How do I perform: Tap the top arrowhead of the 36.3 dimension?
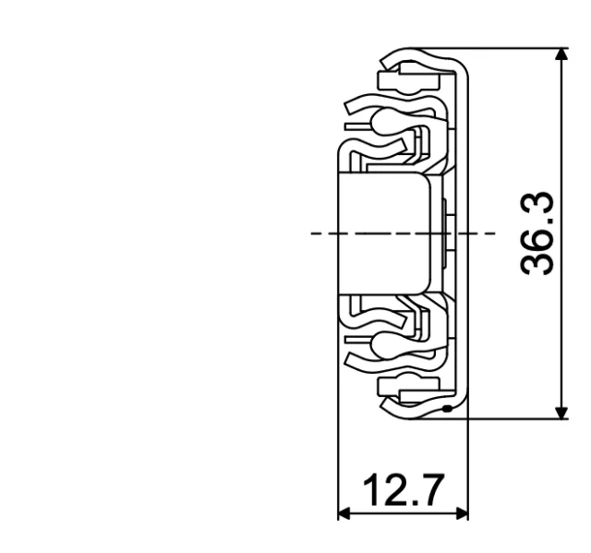(560, 55)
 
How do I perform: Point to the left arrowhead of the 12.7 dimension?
(344, 513)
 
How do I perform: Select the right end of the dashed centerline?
(494, 234)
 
